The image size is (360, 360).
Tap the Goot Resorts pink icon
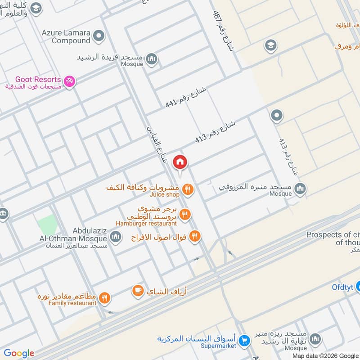pyautogui.click(x=70, y=81)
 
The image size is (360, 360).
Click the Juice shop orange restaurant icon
pyautogui.click(x=189, y=190)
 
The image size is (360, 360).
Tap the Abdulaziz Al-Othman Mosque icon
pyautogui.click(x=116, y=236)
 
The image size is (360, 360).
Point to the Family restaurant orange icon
pyautogui.click(x=104, y=297)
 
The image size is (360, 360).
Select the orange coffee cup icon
pyautogui.click(x=138, y=291)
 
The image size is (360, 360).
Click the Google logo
pyautogui.click(x=19, y=353)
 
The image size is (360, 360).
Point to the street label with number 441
pyautogui.click(x=185, y=97)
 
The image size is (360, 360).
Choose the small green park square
pyautogui.click(x=47, y=224)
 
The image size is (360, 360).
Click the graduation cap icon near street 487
pyautogui.click(x=270, y=45)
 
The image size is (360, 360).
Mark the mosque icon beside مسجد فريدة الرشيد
pyautogui.click(x=152, y=59)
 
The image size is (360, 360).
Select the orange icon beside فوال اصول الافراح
pyautogui.click(x=194, y=236)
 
